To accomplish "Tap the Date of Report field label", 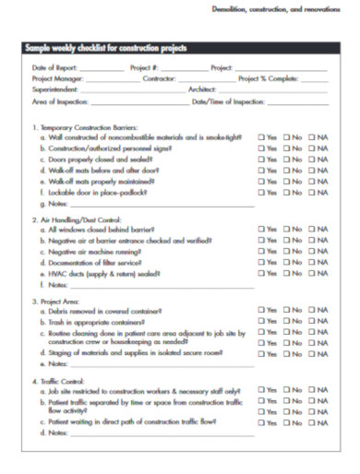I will click(x=51, y=68).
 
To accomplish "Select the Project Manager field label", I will click(x=54, y=79).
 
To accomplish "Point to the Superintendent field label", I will click(x=54, y=89).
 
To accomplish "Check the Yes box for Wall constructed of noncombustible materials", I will click(x=261, y=136).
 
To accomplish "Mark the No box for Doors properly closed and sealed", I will click(x=286, y=159).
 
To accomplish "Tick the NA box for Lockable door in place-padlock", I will click(x=312, y=193).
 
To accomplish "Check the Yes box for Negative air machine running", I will click(x=261, y=251).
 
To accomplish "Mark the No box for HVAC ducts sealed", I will click(x=286, y=273).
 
